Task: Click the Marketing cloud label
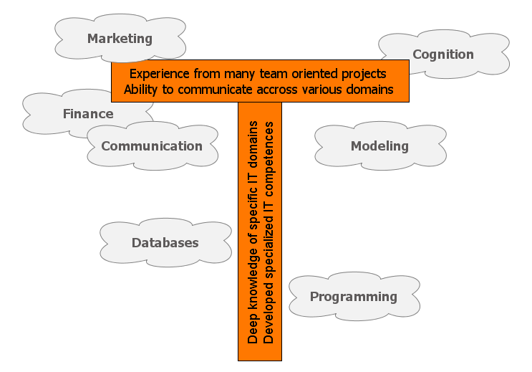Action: coord(120,39)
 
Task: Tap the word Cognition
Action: coord(443,54)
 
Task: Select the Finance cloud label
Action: coord(88,114)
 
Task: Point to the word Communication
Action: coord(152,146)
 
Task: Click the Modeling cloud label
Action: coord(379,146)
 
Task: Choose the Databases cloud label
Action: coord(165,243)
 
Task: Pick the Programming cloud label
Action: coord(354,297)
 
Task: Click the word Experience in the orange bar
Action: coord(160,74)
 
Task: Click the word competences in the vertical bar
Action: coord(269,159)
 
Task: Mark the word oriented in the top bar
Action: coord(314,74)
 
